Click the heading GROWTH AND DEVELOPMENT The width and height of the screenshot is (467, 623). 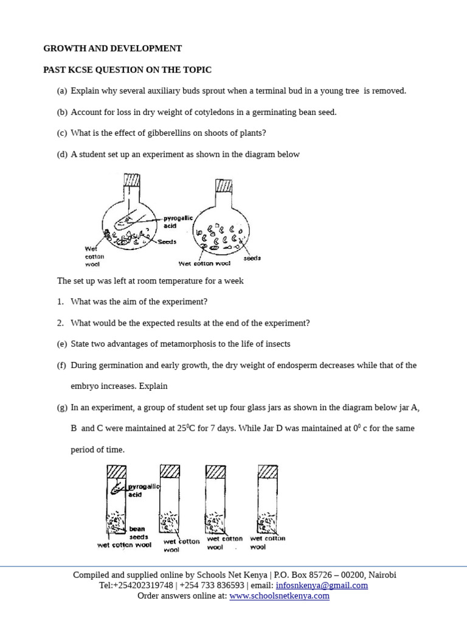[x=112, y=49]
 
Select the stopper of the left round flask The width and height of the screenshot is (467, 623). [x=132, y=181]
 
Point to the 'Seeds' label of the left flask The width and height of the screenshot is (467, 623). [x=167, y=242]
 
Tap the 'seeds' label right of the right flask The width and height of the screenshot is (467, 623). [x=252, y=258]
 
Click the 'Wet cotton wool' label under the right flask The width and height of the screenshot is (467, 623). [x=204, y=263]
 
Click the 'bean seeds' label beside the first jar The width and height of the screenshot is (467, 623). [x=137, y=533]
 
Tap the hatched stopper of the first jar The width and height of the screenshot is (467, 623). [x=116, y=473]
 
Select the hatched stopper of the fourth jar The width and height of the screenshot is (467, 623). [x=268, y=472]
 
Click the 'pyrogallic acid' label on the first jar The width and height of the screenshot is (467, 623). [x=143, y=490]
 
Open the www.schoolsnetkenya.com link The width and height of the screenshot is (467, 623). [x=279, y=596]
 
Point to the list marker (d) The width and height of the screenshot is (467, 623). [x=61, y=155]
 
